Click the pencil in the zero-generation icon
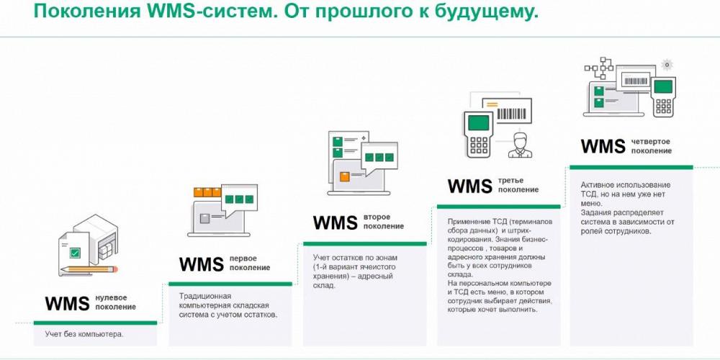[x=89, y=269]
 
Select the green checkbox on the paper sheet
[x=74, y=252]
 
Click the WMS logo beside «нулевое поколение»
[x=67, y=304]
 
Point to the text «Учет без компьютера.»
[x=84, y=334]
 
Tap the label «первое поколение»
[x=250, y=263]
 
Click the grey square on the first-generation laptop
[x=204, y=219]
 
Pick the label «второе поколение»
[x=384, y=221]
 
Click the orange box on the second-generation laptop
[x=344, y=176]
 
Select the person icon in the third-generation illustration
[x=521, y=145]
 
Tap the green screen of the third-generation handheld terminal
[x=479, y=123]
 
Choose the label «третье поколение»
[x=518, y=185]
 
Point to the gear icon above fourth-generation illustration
[x=667, y=65]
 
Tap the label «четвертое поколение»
[x=651, y=146]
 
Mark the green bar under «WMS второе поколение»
[x=364, y=244]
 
